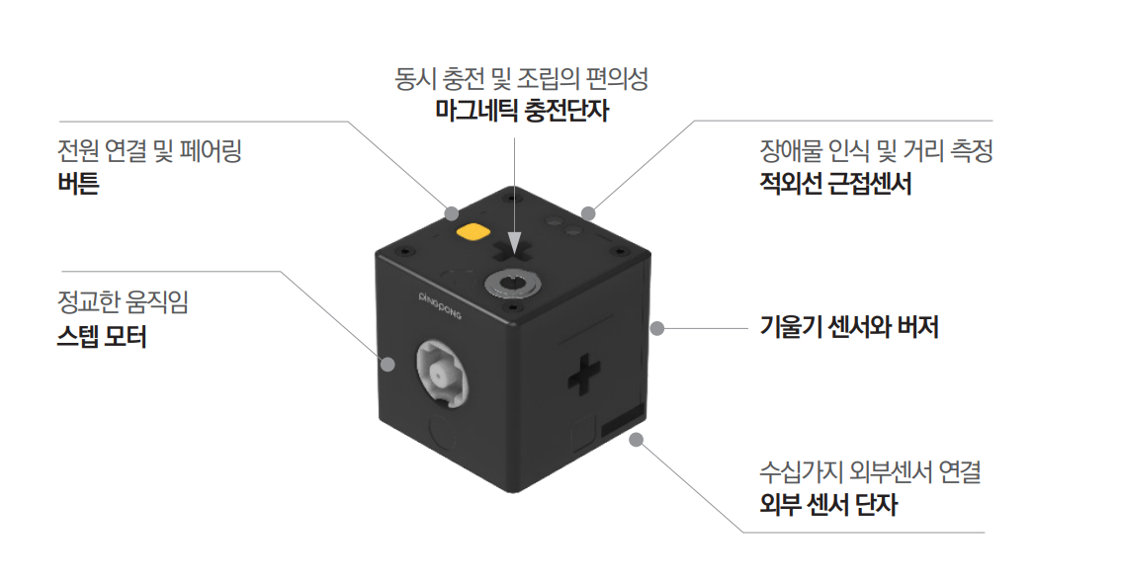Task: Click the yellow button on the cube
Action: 474,232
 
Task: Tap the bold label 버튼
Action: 78,184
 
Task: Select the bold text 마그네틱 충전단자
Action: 522,111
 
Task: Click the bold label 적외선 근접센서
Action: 835,184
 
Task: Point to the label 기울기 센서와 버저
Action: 849,327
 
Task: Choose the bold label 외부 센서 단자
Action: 828,504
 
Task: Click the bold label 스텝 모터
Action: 102,336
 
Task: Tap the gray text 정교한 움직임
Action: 123,302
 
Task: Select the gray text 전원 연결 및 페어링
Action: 149,151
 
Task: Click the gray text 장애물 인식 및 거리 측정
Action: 877,151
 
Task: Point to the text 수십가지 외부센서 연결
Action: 870,471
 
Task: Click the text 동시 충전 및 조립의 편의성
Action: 522,78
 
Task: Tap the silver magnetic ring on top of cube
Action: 512,285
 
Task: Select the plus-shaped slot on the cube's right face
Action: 584,374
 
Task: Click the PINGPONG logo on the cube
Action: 440,305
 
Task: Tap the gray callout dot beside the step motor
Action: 388,365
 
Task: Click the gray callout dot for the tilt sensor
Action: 657,328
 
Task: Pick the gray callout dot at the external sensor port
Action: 637,440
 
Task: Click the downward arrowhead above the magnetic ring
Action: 514,244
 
